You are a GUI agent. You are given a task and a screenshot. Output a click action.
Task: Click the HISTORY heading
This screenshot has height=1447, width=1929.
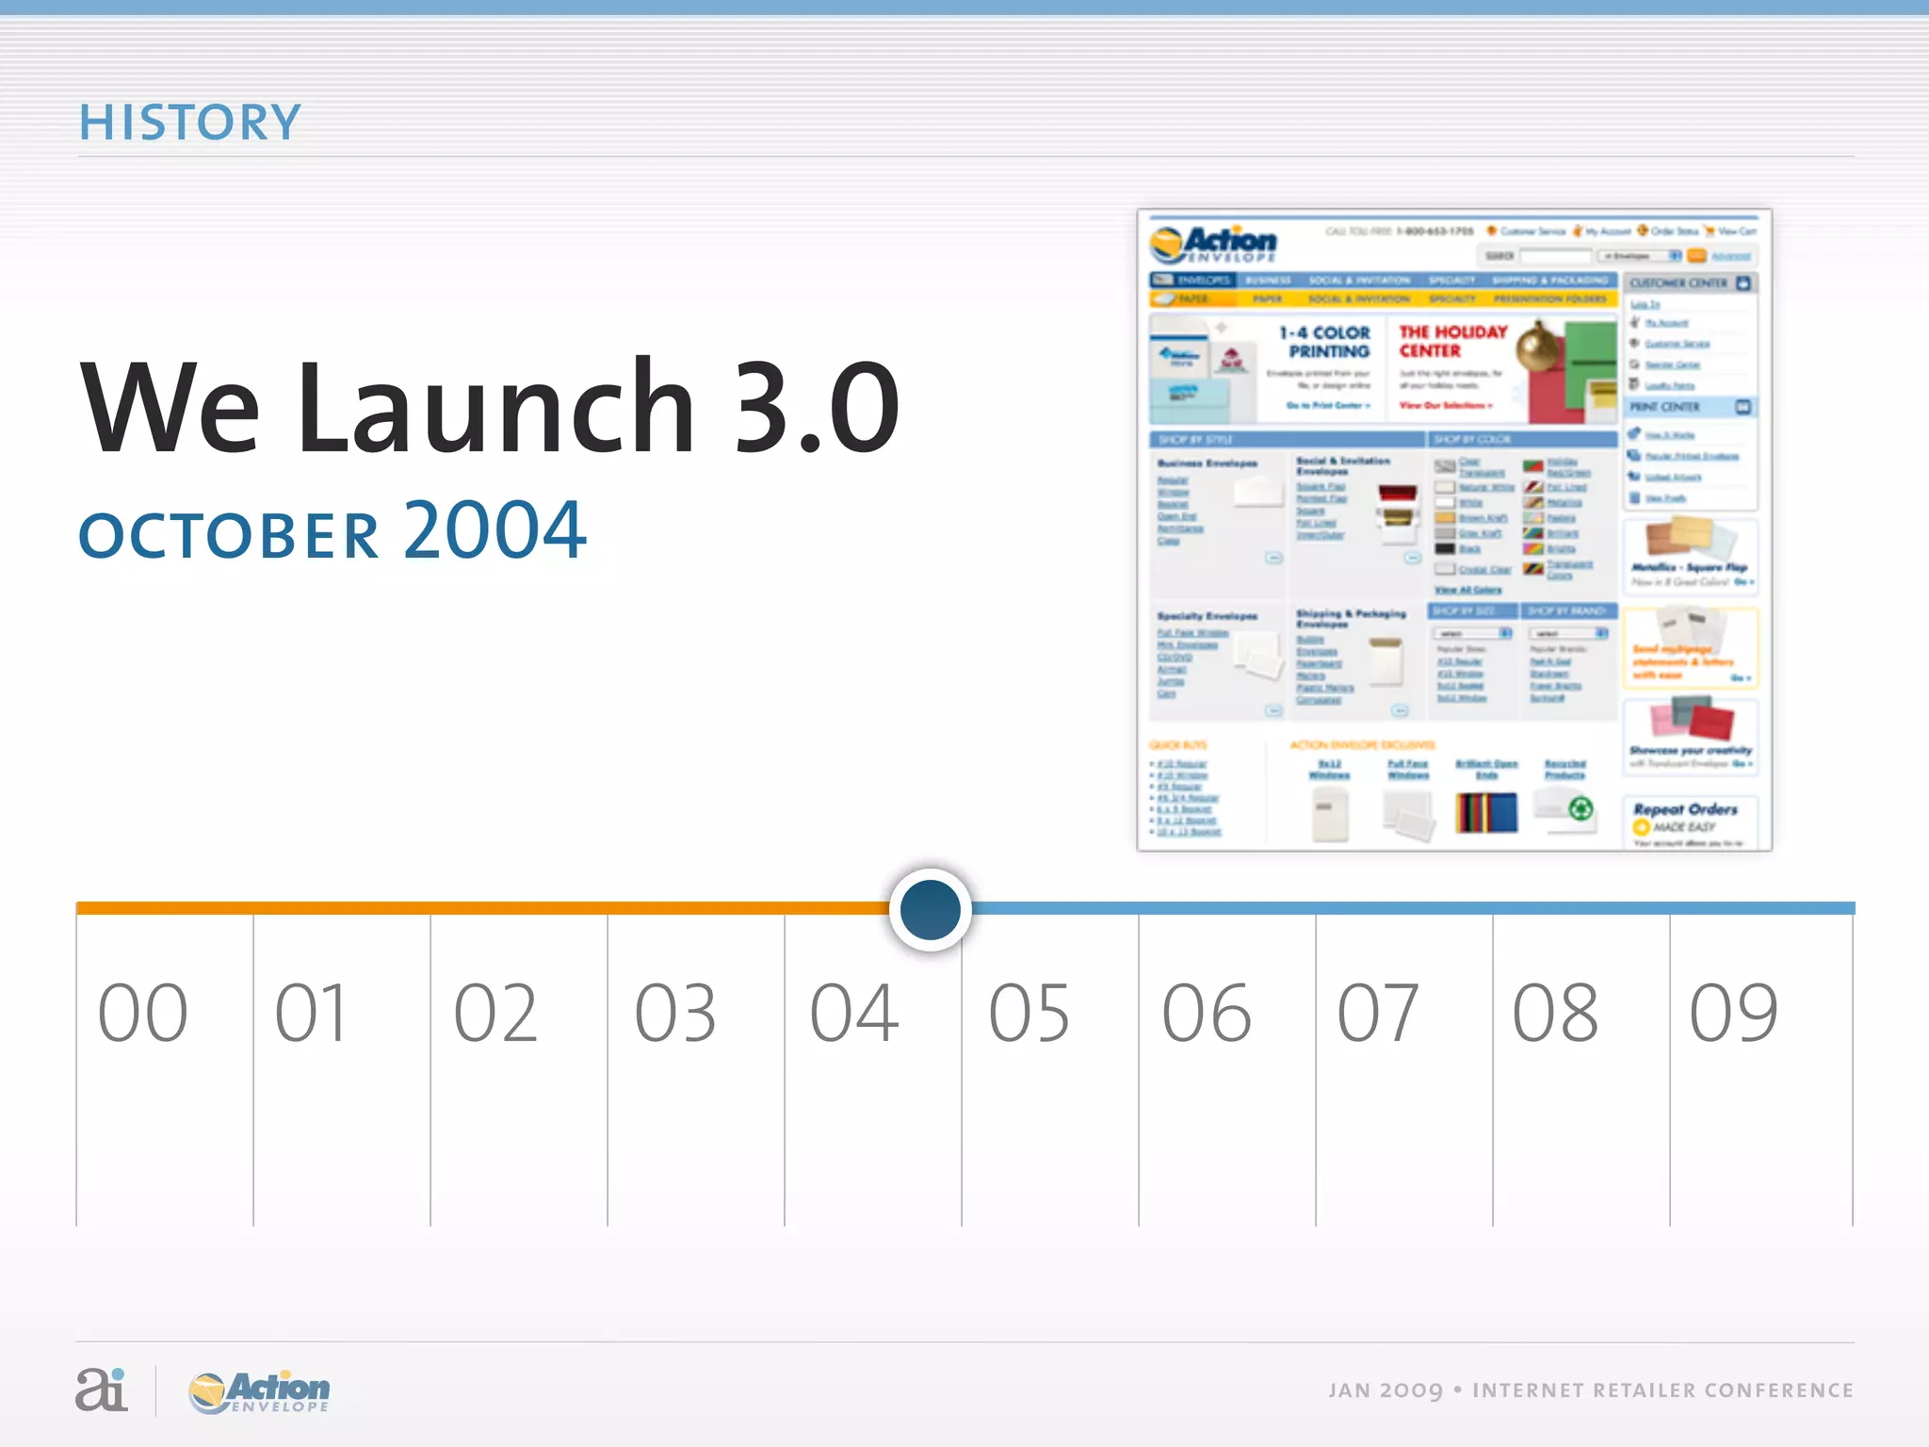(189, 122)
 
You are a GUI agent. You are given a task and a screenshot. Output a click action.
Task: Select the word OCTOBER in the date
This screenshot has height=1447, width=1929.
(229, 535)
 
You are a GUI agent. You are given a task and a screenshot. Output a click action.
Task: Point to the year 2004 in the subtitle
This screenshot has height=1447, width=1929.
(495, 529)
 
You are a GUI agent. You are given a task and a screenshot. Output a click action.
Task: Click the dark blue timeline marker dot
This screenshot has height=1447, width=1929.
(930, 909)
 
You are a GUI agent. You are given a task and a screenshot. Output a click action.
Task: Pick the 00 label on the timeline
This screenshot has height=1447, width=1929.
(143, 1014)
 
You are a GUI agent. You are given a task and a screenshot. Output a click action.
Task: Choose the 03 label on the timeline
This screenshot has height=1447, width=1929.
(675, 1014)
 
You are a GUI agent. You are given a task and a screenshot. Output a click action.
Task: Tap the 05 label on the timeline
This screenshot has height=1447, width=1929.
(1029, 1014)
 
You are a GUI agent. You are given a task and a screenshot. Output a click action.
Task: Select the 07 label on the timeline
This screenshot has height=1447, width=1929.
(1378, 1014)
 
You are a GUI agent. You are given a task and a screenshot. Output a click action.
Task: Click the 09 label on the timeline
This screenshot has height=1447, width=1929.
(1733, 1014)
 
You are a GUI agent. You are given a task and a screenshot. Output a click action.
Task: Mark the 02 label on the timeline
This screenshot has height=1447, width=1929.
(496, 1014)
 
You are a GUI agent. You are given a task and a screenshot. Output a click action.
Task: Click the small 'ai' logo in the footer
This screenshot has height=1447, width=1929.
(101, 1390)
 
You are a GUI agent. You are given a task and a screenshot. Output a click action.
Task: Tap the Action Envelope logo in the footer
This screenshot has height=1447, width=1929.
(260, 1391)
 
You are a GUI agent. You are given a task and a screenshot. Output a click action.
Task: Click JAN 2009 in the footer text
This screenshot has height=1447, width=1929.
(1386, 1390)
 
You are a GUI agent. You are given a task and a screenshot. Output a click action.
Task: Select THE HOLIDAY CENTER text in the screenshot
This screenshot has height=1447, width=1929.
(1452, 341)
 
